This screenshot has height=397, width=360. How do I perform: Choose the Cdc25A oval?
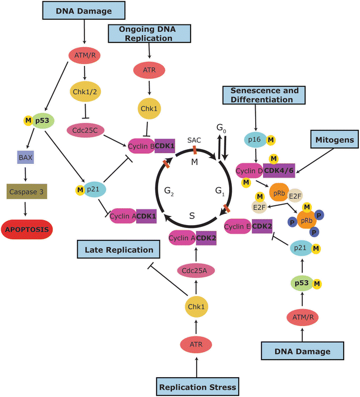tap(194, 270)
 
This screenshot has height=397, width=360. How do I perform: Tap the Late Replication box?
tap(119, 249)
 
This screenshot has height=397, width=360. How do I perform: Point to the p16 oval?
tap(252, 139)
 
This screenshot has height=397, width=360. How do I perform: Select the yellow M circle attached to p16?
tap(270, 139)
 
